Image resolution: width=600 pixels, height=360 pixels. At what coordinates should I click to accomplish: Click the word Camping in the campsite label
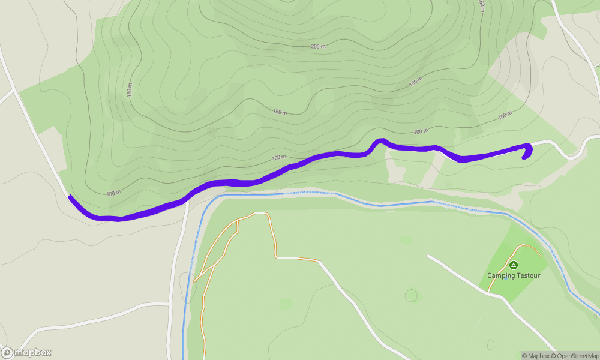coord(500,275)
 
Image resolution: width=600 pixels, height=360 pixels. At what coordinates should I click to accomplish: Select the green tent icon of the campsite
coord(513,265)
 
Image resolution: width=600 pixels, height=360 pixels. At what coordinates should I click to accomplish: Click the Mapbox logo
coord(26,352)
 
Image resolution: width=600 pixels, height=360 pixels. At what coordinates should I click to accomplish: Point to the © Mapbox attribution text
coord(536,356)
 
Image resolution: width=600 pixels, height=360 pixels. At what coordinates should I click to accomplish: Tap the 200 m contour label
coord(318,46)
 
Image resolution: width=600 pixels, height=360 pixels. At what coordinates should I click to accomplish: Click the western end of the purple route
coord(70,197)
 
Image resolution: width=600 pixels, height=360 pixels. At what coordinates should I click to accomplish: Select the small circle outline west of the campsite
coord(411,295)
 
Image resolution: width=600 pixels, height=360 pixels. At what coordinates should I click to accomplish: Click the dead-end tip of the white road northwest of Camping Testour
coord(428,256)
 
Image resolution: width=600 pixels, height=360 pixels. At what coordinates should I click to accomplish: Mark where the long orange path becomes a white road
coord(317,260)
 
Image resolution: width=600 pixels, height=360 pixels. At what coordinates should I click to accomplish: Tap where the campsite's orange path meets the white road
coord(490,292)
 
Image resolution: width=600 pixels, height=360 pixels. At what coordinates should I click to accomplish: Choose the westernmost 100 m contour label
coord(113,193)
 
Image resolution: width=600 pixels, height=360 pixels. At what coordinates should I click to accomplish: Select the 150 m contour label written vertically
coord(129,91)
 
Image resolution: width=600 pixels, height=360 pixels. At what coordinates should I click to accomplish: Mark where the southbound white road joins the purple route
coord(186,200)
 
